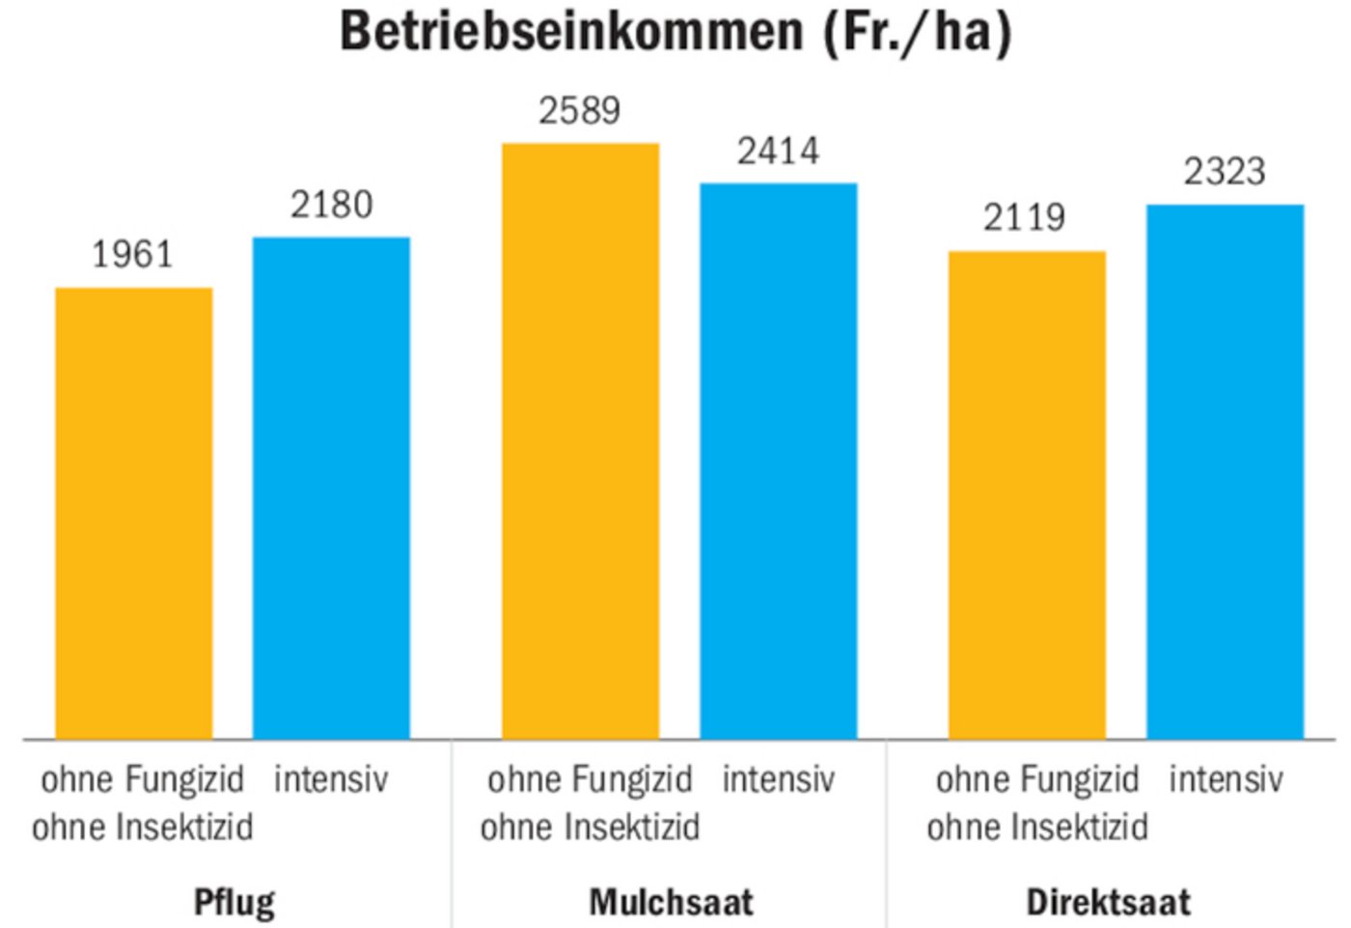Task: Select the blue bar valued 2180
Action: [331, 488]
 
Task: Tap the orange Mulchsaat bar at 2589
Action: [580, 440]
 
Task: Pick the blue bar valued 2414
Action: [778, 461]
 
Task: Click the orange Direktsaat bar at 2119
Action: [1027, 494]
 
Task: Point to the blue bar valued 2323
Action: [1225, 471]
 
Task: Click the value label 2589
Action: [579, 111]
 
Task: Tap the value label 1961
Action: [132, 255]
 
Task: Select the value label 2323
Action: [1224, 172]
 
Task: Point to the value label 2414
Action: [778, 152]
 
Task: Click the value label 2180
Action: [331, 205]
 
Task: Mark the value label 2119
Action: [1024, 218]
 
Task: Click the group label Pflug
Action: [234, 902]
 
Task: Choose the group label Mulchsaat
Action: [671, 902]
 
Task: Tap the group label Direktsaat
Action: [1108, 902]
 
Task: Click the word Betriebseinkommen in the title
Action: [571, 31]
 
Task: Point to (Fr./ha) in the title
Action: [918, 31]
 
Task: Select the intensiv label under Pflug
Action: [331, 779]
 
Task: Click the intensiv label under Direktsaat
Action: [1226, 779]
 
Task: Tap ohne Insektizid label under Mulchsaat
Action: [590, 828]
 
